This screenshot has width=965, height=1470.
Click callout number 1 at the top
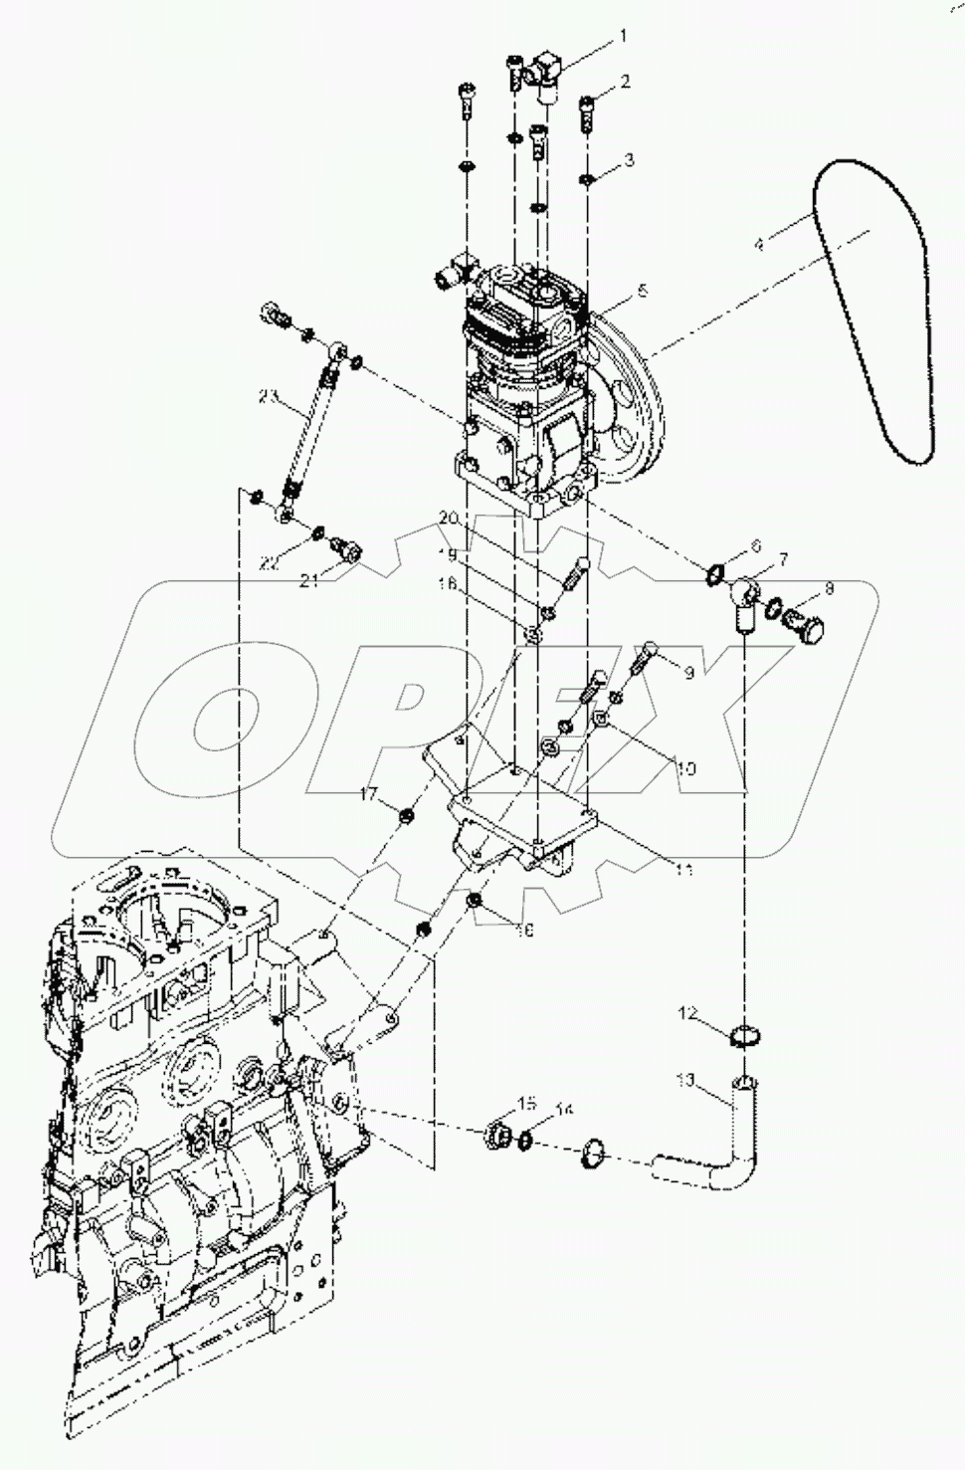click(623, 37)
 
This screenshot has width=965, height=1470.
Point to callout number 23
click(268, 397)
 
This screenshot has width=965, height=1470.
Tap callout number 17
click(370, 793)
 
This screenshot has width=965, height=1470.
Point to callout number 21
click(310, 581)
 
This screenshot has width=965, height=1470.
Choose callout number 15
click(526, 1103)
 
